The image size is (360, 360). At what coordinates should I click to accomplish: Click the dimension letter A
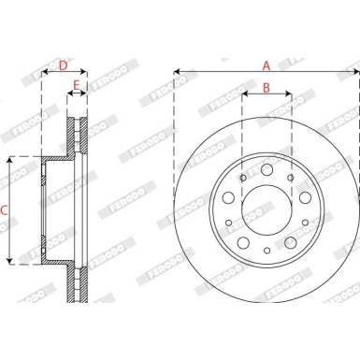(x=266, y=65)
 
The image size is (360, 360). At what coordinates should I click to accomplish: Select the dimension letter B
(x=266, y=89)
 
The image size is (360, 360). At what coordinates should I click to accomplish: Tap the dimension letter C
(x=5, y=210)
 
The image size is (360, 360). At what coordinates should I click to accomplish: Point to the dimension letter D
(x=63, y=65)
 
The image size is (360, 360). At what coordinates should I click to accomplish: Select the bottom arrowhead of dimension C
(x=10, y=262)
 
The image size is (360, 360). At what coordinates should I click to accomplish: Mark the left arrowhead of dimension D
(x=44, y=72)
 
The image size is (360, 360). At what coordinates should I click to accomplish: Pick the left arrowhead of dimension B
(x=243, y=94)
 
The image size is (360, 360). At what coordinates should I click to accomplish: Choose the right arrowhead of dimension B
(x=290, y=94)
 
